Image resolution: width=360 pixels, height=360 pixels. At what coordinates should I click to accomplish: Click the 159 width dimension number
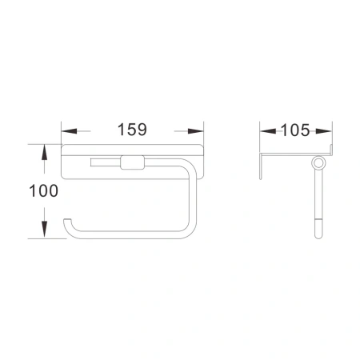[131, 127]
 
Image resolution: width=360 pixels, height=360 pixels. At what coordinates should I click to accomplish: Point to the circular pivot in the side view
[319, 164]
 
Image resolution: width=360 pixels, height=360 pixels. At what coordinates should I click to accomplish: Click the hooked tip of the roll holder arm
[67, 222]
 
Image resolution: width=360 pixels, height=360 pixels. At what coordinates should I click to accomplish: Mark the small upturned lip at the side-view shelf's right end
[330, 150]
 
